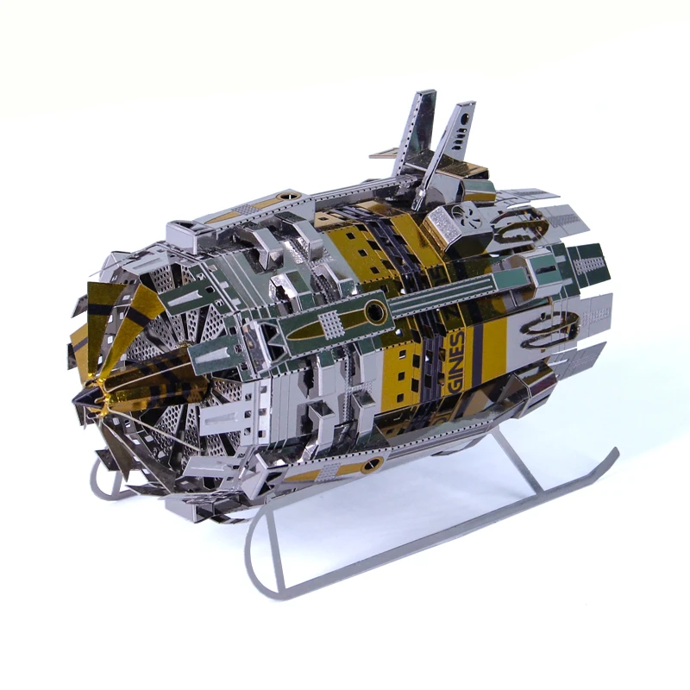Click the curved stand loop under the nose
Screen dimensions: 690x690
pyautogui.click(x=102, y=483)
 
